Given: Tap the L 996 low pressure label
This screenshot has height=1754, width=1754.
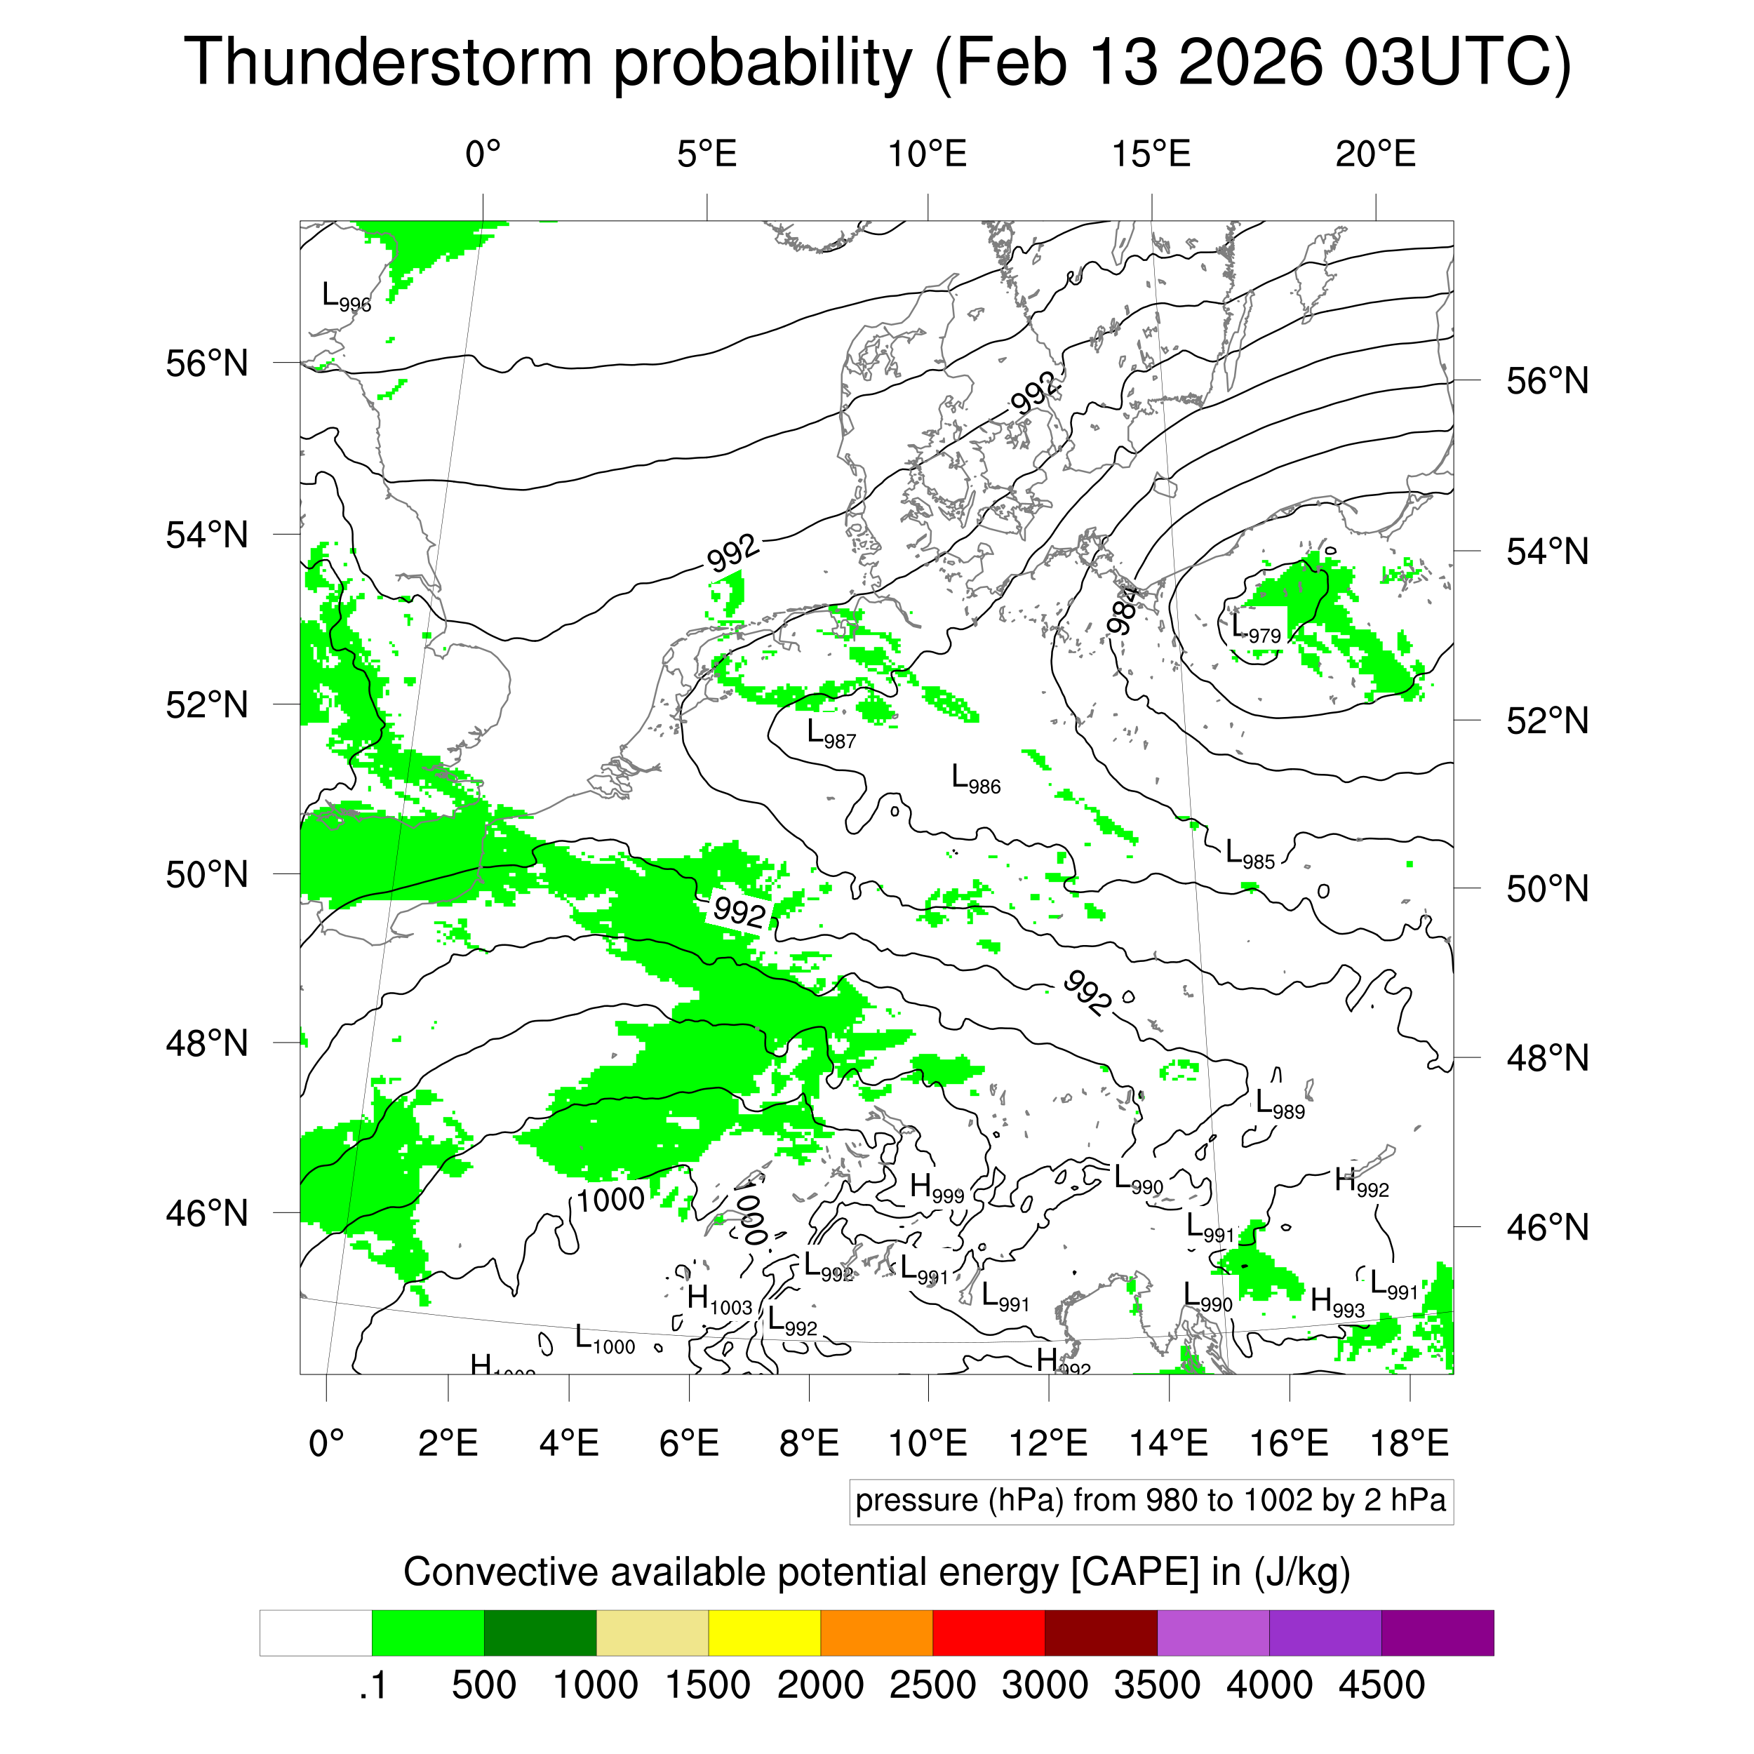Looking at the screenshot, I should click(x=346, y=297).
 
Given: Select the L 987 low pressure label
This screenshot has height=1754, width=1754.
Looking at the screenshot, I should click(x=831, y=734).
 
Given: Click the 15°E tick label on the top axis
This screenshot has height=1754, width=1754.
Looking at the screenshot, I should click(x=1151, y=155).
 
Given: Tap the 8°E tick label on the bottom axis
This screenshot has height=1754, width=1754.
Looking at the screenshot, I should click(x=809, y=1442).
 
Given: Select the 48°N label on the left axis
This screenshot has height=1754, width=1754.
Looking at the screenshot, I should click(x=207, y=1043).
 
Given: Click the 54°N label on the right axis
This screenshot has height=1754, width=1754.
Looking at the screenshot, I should click(x=1547, y=552).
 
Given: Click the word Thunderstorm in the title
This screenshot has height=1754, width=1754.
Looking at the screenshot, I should click(x=389, y=62).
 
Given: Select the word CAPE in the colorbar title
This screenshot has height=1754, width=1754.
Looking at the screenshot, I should click(x=1134, y=1572).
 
